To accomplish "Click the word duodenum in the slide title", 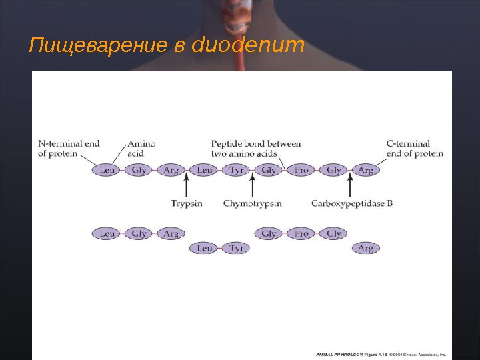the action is click(x=248, y=47).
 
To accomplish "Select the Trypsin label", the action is click(x=187, y=203).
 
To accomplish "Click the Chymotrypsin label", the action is click(x=252, y=203).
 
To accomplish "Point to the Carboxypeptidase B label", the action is click(x=351, y=203).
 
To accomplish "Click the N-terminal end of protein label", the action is click(x=69, y=148).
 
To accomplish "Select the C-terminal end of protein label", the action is click(x=415, y=148).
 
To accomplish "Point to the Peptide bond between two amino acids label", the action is click(x=255, y=148).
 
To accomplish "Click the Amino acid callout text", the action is click(x=141, y=148).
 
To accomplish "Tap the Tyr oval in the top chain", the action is click(x=237, y=170).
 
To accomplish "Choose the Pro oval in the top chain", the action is click(x=301, y=170).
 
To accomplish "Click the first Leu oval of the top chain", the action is click(x=107, y=170).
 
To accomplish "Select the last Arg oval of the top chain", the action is click(x=366, y=170).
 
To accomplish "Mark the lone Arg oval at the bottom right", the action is click(x=366, y=248).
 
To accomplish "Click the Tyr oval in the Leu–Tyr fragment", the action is click(x=237, y=248).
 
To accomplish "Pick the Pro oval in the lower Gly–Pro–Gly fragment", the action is click(x=301, y=233).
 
